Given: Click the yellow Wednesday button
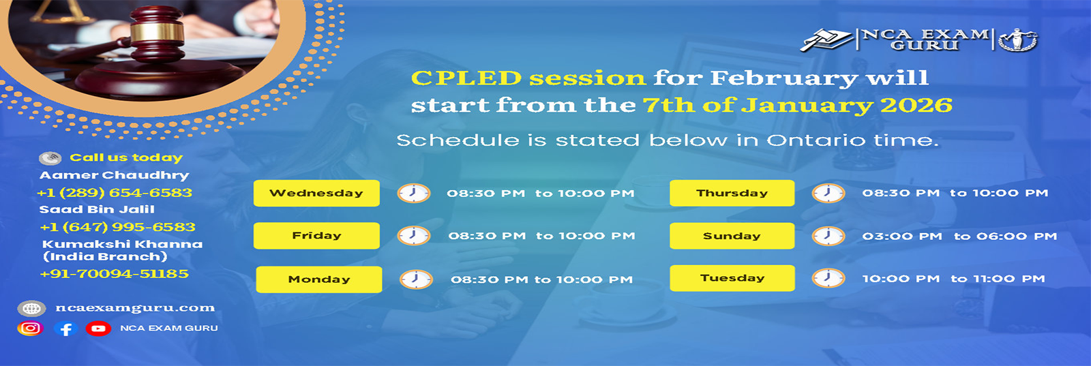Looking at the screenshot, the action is coord(316,193).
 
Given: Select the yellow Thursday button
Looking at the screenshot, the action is coord(732,193).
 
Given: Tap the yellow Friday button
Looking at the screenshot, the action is coord(316,236).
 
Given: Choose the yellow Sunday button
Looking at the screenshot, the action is coord(732,236).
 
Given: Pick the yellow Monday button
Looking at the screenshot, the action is coord(319,279).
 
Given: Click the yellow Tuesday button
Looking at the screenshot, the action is coord(732,278).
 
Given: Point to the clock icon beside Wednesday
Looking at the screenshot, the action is coord(413,193).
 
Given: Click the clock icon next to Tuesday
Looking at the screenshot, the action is coord(828,278).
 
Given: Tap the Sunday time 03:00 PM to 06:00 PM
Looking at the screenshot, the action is coord(959,237).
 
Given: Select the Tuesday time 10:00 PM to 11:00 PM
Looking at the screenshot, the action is coord(954,279).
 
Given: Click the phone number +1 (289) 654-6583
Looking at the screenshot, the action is coord(115,193).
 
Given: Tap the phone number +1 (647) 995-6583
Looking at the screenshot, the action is coord(117,227).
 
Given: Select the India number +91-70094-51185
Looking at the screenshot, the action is coord(115,273).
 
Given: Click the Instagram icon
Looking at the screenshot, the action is coord(30,329).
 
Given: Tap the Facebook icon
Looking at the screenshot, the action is coord(65,329).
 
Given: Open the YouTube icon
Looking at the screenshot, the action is coord(98,329).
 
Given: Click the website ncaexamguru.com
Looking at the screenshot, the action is coord(135,308).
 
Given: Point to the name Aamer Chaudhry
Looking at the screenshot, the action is coord(115,175).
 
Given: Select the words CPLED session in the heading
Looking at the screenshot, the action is coord(528,78).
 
